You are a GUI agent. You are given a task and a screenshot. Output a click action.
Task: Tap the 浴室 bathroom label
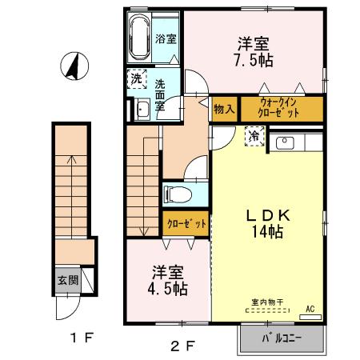tap(166, 38)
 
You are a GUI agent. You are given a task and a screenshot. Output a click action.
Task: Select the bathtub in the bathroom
tap(139, 38)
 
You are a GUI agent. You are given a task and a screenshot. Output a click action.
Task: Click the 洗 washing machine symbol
tap(137, 79)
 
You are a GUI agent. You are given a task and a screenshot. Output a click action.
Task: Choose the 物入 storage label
tap(223, 108)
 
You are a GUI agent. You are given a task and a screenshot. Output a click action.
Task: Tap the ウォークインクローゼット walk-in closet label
tap(280, 108)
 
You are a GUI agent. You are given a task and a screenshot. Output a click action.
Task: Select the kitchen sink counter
tap(298, 142)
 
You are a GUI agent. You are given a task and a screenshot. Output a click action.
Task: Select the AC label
tap(310, 308)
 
